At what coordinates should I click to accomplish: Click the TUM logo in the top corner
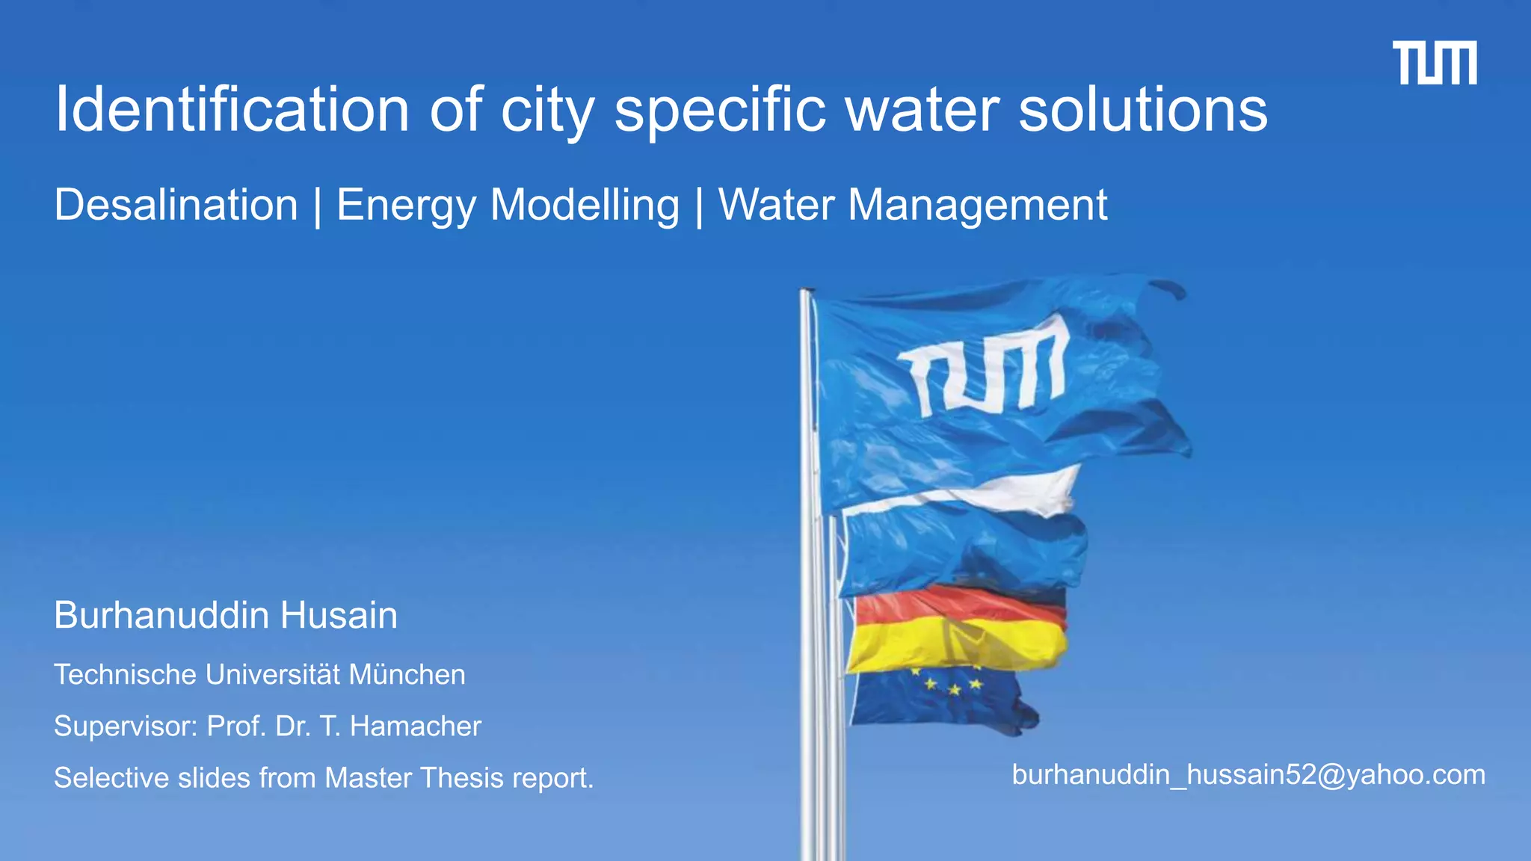1434,63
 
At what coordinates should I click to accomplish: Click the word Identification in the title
232,110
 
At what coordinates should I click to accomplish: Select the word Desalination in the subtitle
176,205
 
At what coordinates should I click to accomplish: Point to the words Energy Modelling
508,205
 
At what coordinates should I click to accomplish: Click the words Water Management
912,205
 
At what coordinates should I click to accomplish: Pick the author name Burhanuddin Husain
226,615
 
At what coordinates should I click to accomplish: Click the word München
407,675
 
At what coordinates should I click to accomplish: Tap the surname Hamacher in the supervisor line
415,726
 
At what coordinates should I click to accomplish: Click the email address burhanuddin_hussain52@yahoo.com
1248,775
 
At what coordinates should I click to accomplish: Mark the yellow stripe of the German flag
957,644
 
